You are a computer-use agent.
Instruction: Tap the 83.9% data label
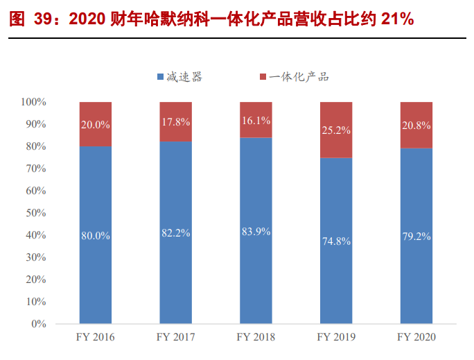point(256,232)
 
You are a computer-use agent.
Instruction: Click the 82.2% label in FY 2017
point(175,233)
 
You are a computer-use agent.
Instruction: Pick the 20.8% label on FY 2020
point(416,126)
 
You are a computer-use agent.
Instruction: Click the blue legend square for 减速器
point(161,77)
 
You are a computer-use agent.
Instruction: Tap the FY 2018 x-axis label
point(256,337)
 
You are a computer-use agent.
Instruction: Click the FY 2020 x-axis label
point(416,337)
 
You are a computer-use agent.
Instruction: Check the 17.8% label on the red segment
point(175,122)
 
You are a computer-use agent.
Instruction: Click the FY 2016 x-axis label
point(96,337)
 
